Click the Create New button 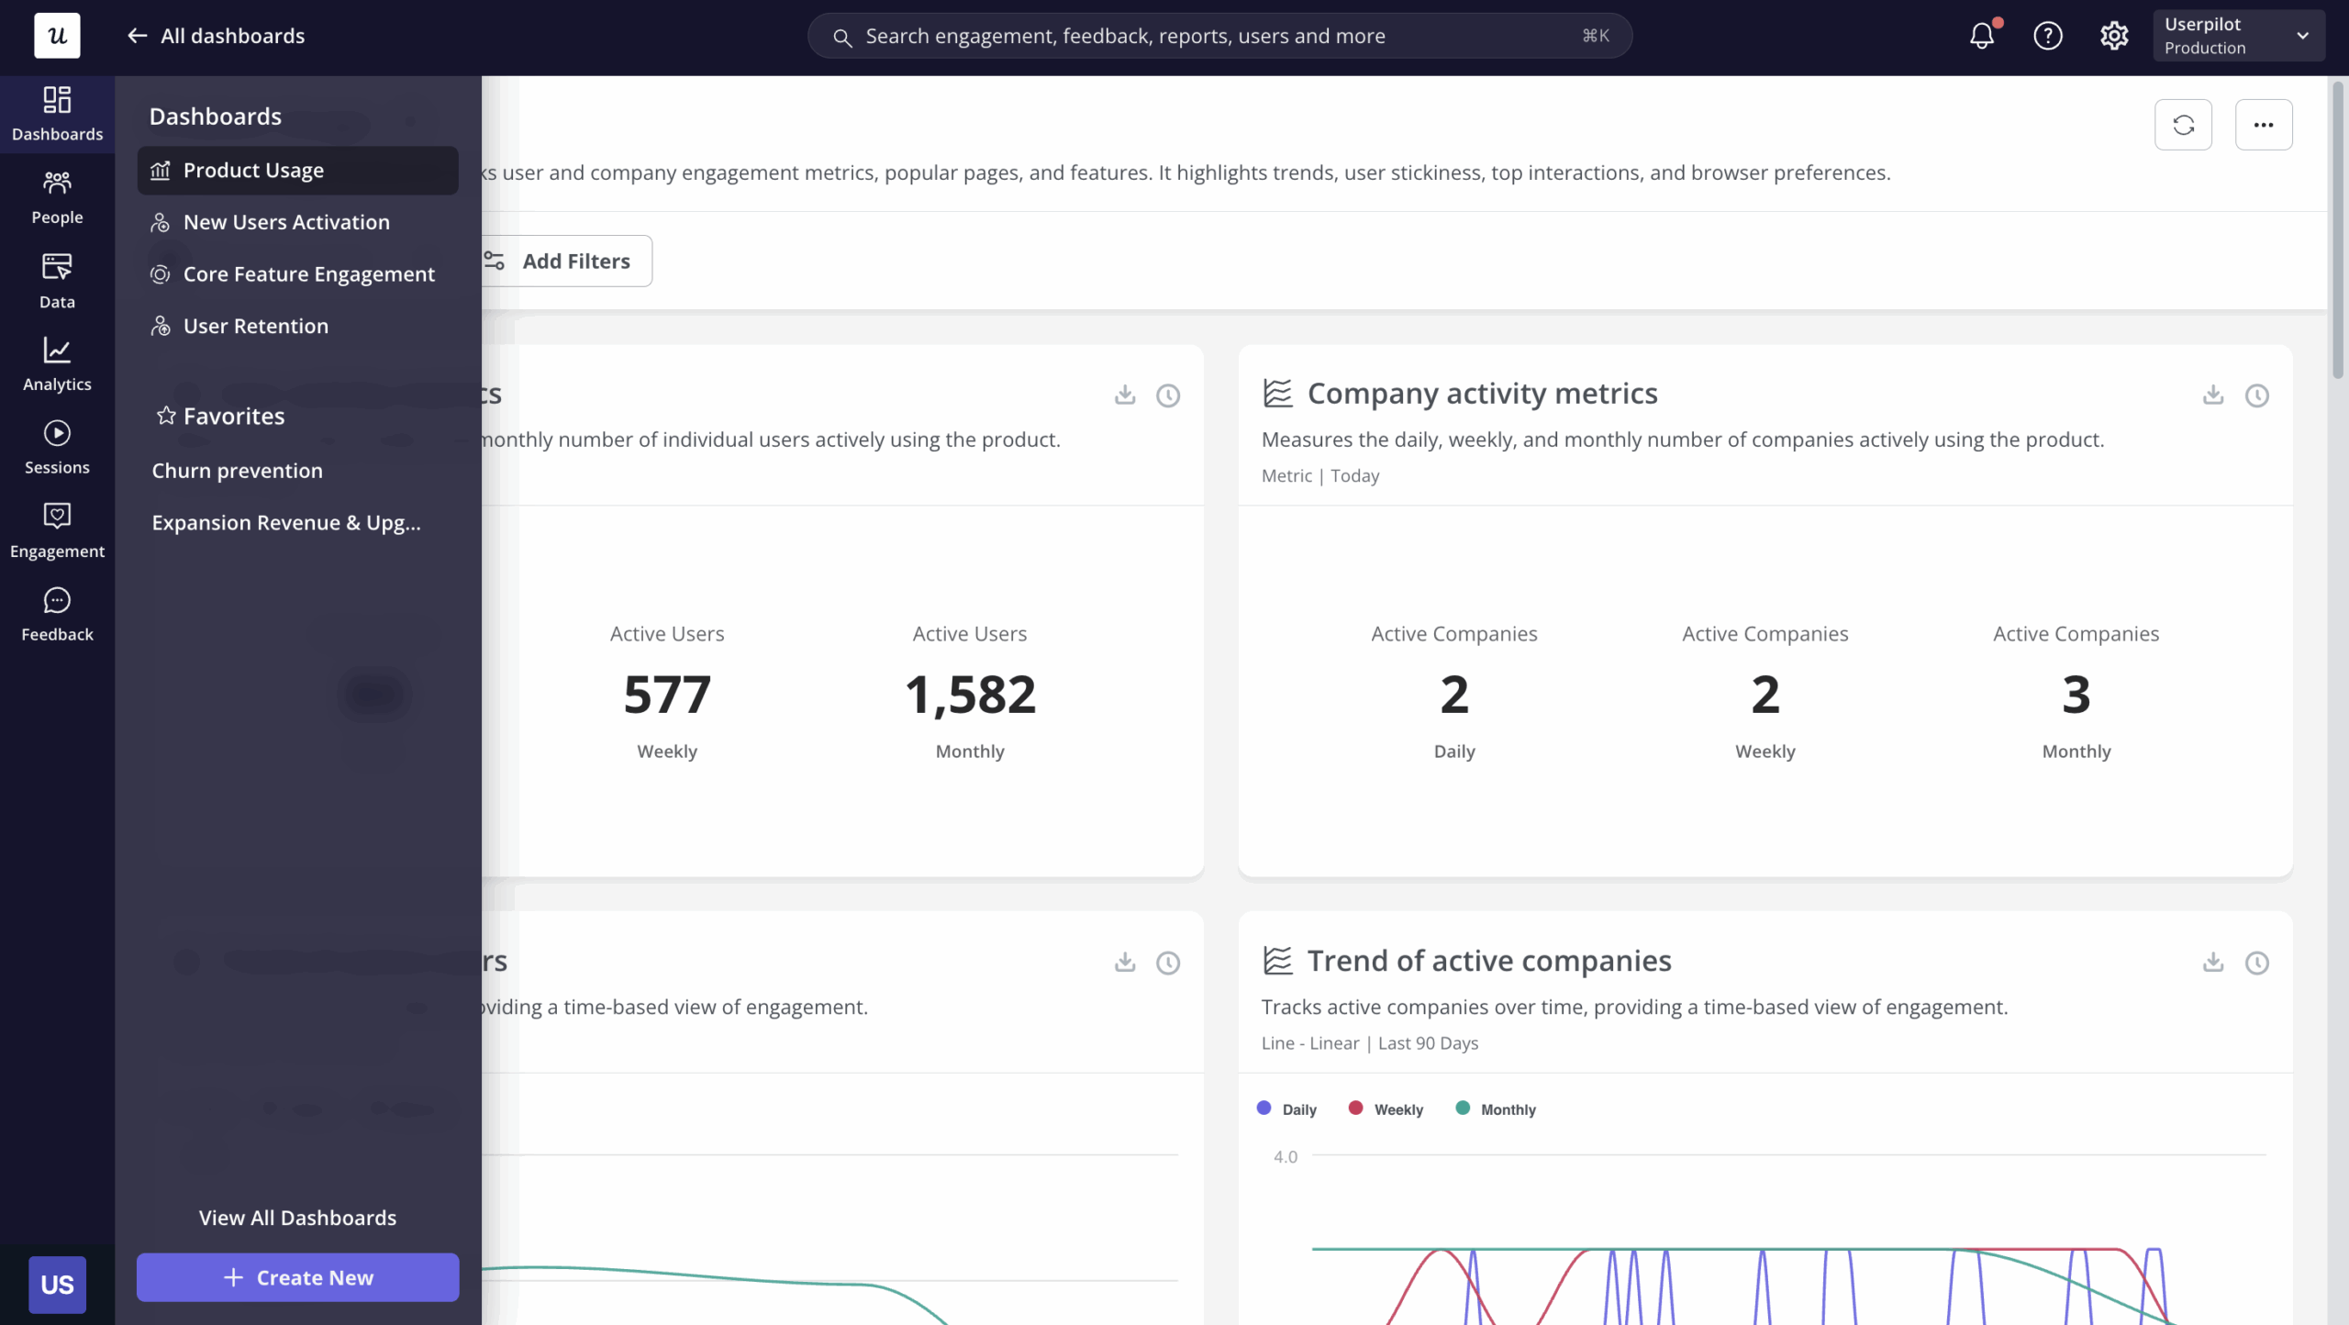click(297, 1277)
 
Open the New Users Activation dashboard click(285, 222)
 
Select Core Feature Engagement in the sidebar click(308, 274)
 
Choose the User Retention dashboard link click(255, 326)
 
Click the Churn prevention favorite click(237, 471)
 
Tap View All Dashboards click(297, 1218)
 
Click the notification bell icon click(1982, 36)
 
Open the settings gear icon click(2114, 36)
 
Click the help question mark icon click(2048, 36)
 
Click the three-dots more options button click(2264, 125)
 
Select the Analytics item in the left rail click(57, 364)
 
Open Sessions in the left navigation click(57, 447)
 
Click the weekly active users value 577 click(667, 695)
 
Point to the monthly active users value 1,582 click(970, 695)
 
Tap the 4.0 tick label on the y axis click(1286, 1157)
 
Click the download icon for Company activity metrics click(2213, 395)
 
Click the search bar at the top click(1219, 36)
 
